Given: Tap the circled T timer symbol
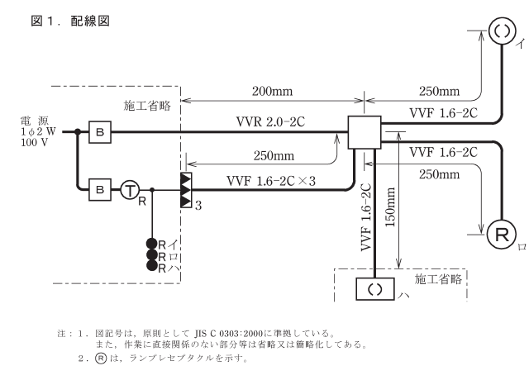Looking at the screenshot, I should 130,189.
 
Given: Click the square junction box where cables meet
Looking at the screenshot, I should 361,132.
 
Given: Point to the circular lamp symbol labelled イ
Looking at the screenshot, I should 503,31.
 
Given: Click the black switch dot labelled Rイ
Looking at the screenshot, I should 152,244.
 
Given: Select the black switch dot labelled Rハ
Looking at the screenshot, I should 152,267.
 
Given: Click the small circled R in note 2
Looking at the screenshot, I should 103,362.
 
